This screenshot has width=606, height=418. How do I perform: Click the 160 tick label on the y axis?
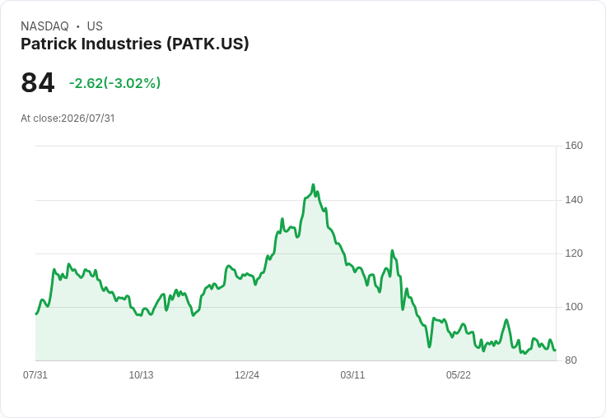tap(574, 146)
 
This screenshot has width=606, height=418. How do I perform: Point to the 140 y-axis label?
tap(574, 200)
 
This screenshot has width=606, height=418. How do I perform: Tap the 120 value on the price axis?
tap(574, 253)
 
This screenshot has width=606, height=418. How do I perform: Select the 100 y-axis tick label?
tap(574, 307)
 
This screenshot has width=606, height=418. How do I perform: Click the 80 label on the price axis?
tap(571, 360)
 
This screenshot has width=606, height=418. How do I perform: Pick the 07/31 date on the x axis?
tap(35, 375)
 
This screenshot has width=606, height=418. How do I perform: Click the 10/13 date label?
tap(141, 375)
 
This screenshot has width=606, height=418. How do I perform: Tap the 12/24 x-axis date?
tap(247, 375)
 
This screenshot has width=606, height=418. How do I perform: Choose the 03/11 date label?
tap(352, 375)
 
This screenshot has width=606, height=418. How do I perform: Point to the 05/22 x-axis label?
tap(459, 375)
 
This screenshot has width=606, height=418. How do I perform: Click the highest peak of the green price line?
tap(313, 184)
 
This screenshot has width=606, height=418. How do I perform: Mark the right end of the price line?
tap(556, 350)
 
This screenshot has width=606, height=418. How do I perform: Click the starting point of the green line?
tap(36, 314)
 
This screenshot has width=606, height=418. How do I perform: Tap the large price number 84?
tap(38, 83)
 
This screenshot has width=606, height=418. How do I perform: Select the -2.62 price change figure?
tap(86, 83)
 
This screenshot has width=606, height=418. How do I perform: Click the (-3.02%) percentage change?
tap(132, 83)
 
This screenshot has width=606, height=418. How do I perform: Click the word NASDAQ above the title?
tap(44, 26)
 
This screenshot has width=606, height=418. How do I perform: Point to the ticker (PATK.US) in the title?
tap(208, 44)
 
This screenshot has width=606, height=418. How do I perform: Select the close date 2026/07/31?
tap(88, 118)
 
